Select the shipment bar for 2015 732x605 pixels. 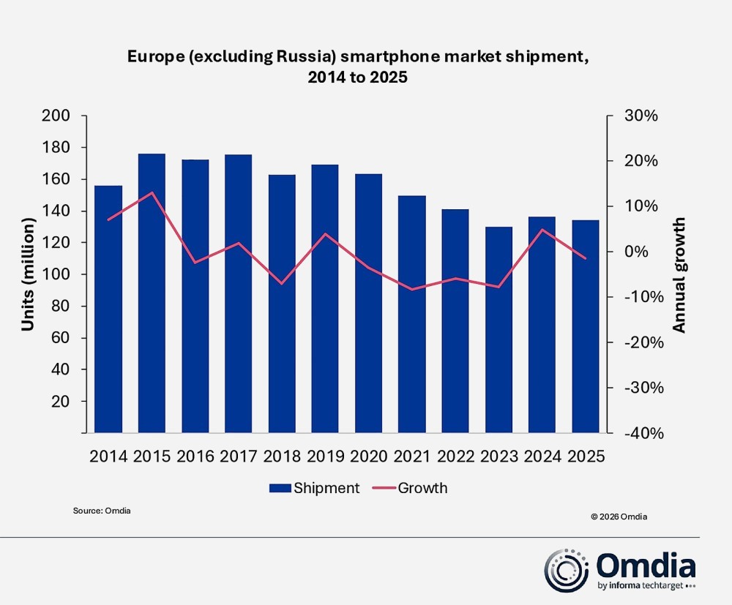tap(152, 293)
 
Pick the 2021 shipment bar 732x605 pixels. tap(412, 315)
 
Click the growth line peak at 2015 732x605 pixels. tap(152, 192)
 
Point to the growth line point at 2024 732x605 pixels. tap(542, 230)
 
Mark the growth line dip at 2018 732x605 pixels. tap(282, 283)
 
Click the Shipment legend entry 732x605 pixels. tap(315, 488)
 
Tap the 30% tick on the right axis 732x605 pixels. tap(642, 116)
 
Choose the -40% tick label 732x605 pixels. tap(642, 433)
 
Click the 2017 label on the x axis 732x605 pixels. tap(239, 456)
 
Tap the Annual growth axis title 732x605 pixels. tap(679, 274)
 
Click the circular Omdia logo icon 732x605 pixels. tap(567, 571)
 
